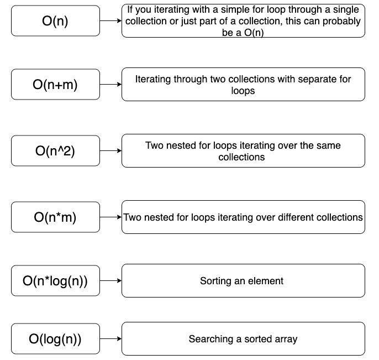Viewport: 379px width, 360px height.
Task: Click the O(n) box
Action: pyautogui.click(x=55, y=20)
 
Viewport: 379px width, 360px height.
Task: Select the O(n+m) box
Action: pyautogui.click(x=55, y=85)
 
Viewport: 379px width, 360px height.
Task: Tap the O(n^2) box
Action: pyautogui.click(x=55, y=150)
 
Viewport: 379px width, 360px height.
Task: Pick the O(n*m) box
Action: pyautogui.click(x=55, y=217)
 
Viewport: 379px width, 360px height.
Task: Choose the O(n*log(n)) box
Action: pyautogui.click(x=55, y=280)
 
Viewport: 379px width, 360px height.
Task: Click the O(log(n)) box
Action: pyautogui.click(x=55, y=338)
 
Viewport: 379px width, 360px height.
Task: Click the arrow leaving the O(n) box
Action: pyautogui.click(x=110, y=20)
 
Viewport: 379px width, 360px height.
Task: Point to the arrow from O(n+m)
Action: pyautogui.click(x=110, y=85)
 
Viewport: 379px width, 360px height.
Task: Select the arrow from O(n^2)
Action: pyautogui.click(x=110, y=150)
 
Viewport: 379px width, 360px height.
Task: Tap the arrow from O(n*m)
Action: pyautogui.click(x=110, y=217)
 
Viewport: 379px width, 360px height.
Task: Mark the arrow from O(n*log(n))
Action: pyautogui.click(x=110, y=280)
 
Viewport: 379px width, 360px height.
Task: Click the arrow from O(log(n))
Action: pyautogui.click(x=110, y=338)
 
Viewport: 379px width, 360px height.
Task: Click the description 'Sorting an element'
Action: pyautogui.click(x=241, y=281)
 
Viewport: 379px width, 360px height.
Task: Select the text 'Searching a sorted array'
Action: pyautogui.click(x=243, y=339)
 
